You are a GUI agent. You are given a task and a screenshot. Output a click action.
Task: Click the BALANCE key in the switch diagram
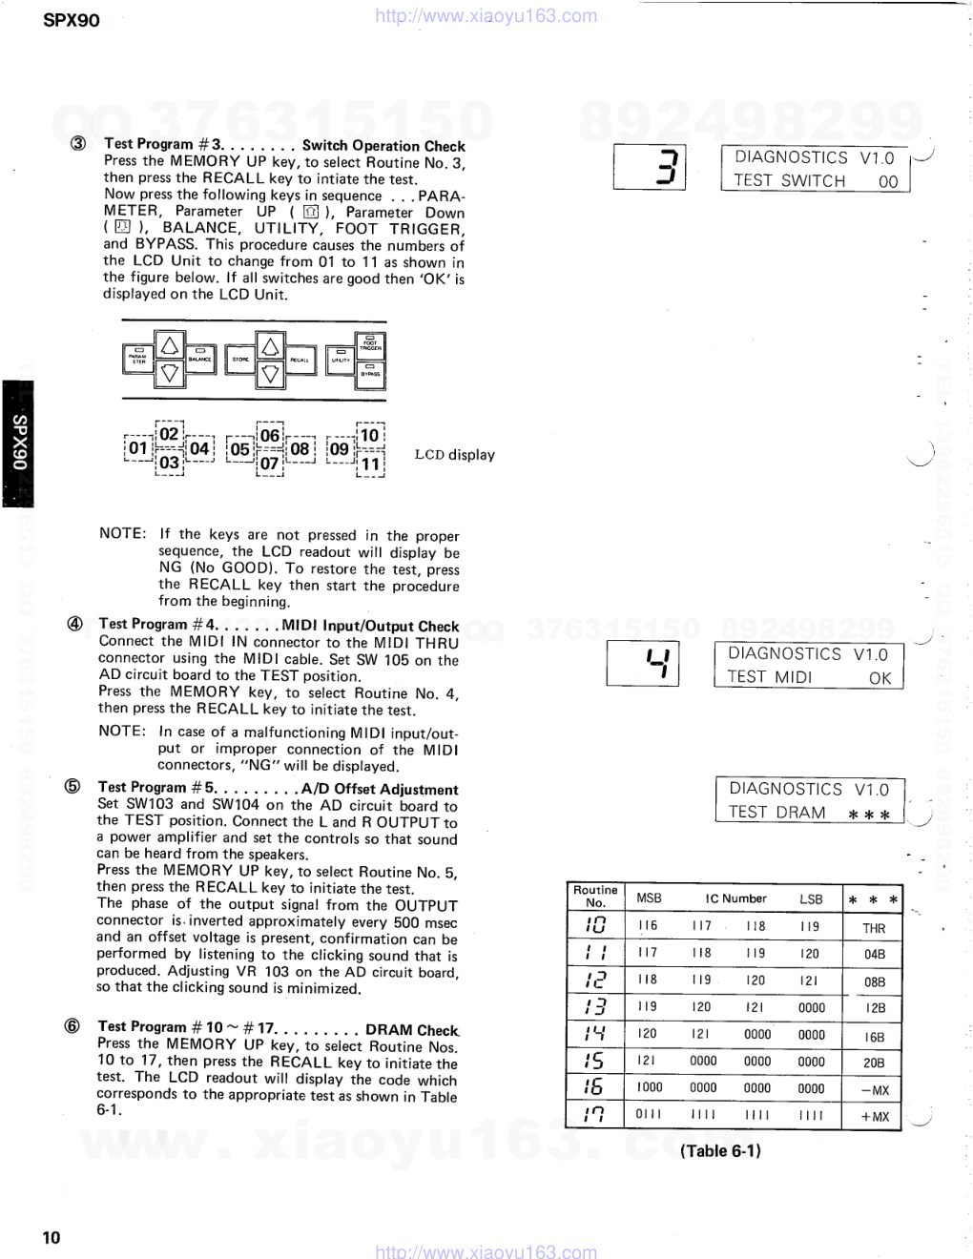(199, 359)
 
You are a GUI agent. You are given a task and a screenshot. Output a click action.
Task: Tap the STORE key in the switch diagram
(239, 359)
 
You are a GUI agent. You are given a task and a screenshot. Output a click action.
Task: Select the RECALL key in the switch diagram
(299, 359)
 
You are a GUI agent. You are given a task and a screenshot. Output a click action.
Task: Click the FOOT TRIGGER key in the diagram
(370, 344)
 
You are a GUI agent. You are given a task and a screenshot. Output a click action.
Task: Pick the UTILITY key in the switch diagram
(340, 359)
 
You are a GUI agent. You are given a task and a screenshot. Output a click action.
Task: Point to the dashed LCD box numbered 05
(239, 448)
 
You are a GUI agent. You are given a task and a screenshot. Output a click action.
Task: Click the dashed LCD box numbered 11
(370, 464)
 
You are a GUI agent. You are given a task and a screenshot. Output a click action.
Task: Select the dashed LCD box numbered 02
(169, 434)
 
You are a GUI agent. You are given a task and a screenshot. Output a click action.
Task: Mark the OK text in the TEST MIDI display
(880, 678)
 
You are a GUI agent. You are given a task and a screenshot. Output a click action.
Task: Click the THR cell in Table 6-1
(874, 928)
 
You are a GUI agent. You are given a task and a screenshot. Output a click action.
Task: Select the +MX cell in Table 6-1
(874, 1117)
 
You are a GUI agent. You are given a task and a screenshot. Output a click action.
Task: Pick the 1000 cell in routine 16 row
(650, 1087)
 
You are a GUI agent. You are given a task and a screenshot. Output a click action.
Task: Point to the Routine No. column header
(595, 897)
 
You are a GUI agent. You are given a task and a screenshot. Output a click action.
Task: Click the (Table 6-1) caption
(720, 1150)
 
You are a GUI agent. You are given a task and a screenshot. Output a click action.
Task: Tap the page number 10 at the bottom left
(52, 1237)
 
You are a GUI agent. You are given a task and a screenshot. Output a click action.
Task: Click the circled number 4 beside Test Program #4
(73, 625)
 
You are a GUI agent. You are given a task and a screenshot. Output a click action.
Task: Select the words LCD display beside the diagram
(454, 455)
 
